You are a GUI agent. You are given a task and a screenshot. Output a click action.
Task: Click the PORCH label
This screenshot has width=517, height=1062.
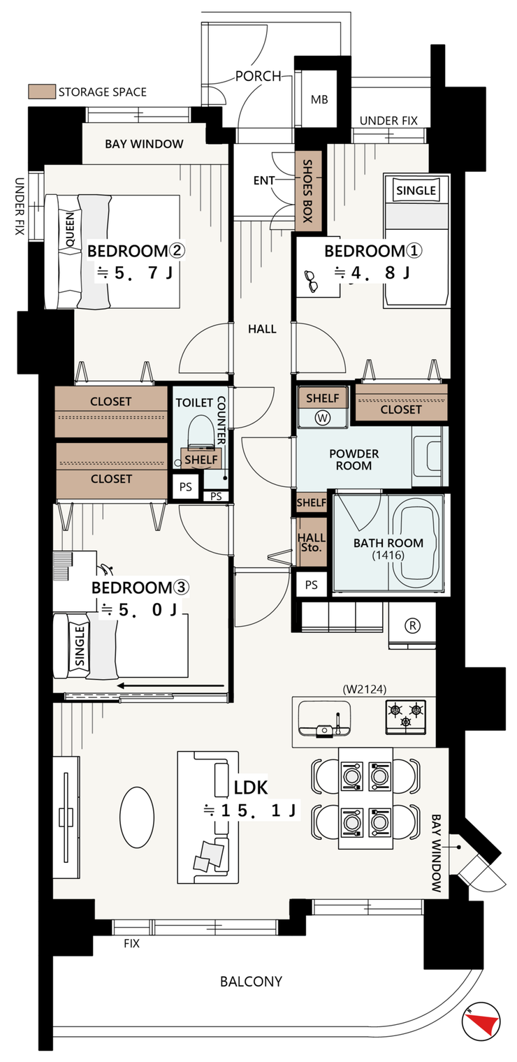tap(258, 76)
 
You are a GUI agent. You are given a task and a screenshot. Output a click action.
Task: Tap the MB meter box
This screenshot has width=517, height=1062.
tap(319, 99)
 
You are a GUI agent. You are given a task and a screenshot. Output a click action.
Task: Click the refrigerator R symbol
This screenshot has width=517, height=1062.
tap(413, 625)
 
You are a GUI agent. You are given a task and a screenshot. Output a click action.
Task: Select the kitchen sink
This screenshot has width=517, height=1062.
tap(325, 718)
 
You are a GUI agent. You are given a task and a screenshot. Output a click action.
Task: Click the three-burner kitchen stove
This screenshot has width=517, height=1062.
tap(406, 715)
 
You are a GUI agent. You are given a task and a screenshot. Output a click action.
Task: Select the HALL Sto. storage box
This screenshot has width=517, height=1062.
tap(312, 542)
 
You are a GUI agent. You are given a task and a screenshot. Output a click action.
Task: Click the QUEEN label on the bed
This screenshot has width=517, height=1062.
tap(70, 229)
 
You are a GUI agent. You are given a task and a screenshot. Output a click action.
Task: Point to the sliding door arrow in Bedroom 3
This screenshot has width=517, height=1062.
tap(170, 685)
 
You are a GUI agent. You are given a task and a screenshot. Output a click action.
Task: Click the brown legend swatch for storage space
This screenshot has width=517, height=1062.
tap(42, 92)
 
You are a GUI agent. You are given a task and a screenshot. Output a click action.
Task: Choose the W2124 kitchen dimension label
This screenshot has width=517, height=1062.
tap(365, 689)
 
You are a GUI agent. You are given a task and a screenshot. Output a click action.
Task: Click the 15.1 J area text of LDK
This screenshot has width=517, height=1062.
tap(249, 810)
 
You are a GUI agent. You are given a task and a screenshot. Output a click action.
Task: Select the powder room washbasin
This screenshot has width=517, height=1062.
tap(430, 456)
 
